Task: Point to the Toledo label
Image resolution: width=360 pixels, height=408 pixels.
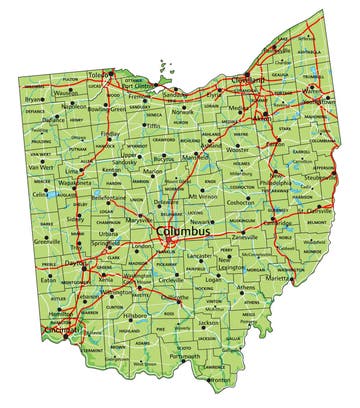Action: click(125, 74)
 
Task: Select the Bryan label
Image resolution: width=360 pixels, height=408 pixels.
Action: click(35, 100)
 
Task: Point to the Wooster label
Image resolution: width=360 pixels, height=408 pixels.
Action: click(236, 148)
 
